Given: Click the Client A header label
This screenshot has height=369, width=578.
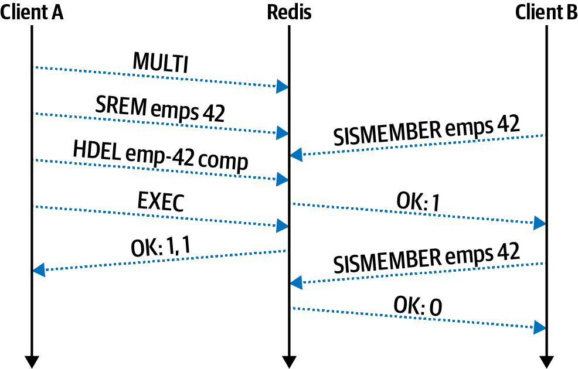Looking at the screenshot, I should (x=32, y=12).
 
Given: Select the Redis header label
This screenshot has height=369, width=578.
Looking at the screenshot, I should (x=289, y=12).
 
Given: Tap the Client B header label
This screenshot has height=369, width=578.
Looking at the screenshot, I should (x=546, y=12).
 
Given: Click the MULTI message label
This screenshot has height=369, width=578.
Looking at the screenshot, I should (x=161, y=63).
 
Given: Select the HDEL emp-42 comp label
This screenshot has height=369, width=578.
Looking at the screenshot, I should (x=161, y=156).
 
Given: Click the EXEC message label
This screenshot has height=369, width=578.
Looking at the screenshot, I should (x=161, y=202).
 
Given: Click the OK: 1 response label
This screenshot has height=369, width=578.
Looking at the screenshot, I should (x=417, y=202).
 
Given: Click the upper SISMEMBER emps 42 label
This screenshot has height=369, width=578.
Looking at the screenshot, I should (x=426, y=130).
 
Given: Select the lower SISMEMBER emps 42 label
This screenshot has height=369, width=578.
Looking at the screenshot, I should (x=426, y=258).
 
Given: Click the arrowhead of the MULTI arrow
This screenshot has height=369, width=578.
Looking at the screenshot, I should (x=283, y=87).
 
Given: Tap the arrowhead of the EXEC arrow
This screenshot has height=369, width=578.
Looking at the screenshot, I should (x=283, y=225).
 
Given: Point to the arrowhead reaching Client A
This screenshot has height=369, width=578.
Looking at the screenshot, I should (x=39, y=270).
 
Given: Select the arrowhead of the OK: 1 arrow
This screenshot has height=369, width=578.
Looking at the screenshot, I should (x=540, y=223).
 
